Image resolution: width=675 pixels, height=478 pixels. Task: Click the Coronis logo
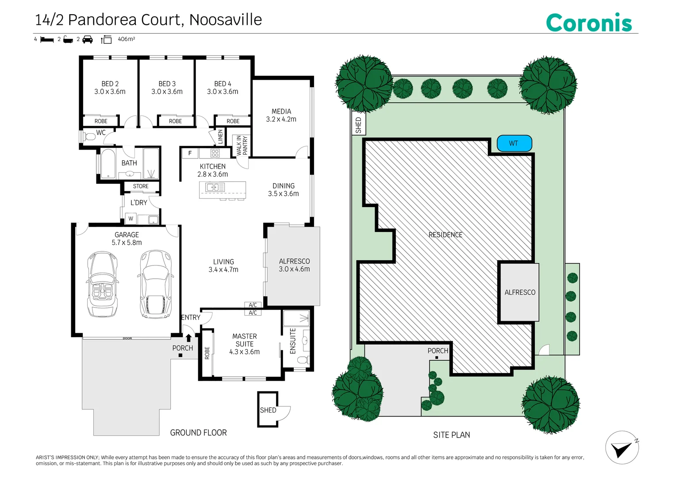589,23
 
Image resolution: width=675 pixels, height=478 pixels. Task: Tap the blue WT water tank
514,143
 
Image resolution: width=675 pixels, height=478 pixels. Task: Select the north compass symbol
622,448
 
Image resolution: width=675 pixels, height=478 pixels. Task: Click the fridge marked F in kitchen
190,154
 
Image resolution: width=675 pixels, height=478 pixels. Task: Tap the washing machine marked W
130,219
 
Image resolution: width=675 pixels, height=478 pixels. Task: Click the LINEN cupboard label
220,137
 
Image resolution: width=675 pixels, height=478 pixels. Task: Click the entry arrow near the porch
188,338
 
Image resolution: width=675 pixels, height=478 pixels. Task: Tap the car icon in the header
88,39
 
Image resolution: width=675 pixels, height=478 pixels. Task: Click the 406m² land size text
126,39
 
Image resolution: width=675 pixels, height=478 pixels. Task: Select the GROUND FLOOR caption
198,433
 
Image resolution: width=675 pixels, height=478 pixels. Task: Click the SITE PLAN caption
451,435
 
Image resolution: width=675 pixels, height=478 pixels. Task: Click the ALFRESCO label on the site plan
520,293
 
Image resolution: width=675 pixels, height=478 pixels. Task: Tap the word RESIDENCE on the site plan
445,235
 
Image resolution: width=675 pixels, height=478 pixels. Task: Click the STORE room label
141,186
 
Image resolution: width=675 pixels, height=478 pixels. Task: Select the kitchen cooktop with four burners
215,153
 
